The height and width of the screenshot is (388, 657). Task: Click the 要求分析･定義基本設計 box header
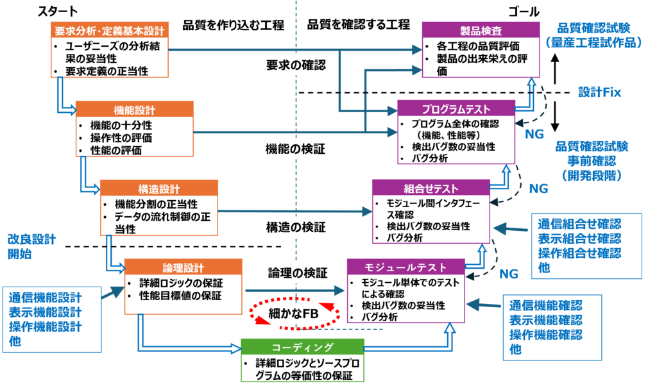[x=109, y=30]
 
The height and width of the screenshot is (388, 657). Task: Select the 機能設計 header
[x=134, y=110]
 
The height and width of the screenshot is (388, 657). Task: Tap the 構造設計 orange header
[x=158, y=189]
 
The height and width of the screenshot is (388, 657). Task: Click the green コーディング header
[x=302, y=347]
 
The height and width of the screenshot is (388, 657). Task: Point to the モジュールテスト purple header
[x=405, y=267]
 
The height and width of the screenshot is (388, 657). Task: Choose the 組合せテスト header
[x=431, y=188]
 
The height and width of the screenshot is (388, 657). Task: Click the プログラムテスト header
[x=456, y=109]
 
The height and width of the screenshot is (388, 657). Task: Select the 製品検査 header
[x=480, y=30]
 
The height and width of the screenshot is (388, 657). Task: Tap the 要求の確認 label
[x=296, y=64]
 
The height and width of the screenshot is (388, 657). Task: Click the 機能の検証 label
[x=296, y=149]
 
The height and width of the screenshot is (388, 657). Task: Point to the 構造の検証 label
[x=296, y=226]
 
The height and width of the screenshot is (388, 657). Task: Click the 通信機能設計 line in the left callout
[x=46, y=298]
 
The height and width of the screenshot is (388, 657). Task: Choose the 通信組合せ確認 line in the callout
[x=579, y=224]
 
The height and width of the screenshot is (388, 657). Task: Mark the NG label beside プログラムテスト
[x=534, y=134]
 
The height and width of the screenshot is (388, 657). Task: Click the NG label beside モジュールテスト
[x=508, y=274]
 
